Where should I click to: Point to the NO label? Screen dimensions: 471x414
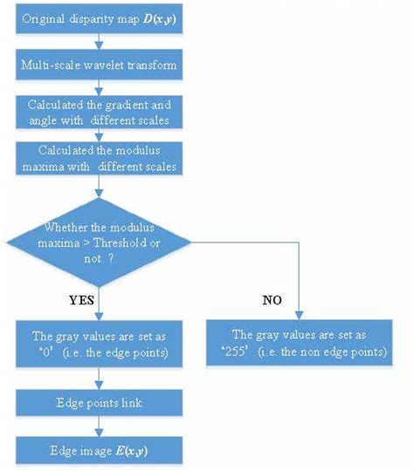click(272, 301)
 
